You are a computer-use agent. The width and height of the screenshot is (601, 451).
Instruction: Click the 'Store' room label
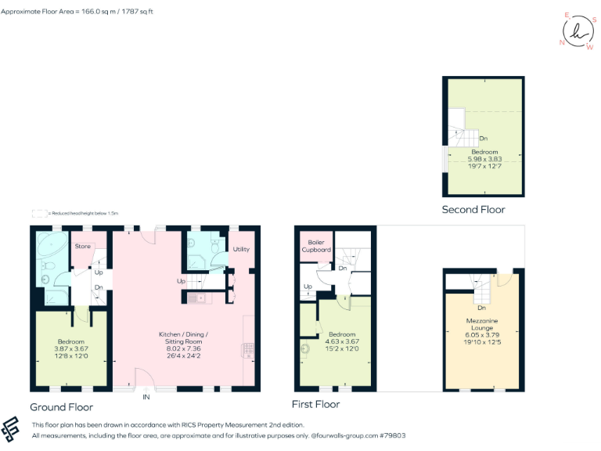82,247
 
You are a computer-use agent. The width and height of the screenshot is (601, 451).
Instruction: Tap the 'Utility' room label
240,249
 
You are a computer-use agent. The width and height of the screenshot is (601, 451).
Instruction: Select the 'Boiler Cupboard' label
316,246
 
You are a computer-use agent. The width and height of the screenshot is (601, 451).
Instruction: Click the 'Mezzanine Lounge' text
482,325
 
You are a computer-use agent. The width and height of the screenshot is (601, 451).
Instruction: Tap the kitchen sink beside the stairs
205,298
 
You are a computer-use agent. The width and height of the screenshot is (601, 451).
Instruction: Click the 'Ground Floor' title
61,407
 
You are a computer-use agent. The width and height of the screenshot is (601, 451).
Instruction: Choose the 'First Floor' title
315,404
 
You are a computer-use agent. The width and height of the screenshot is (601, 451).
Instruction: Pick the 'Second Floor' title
473,209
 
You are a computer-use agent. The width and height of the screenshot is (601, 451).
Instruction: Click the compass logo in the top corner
578,31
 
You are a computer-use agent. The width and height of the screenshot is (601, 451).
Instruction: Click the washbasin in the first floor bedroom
304,350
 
